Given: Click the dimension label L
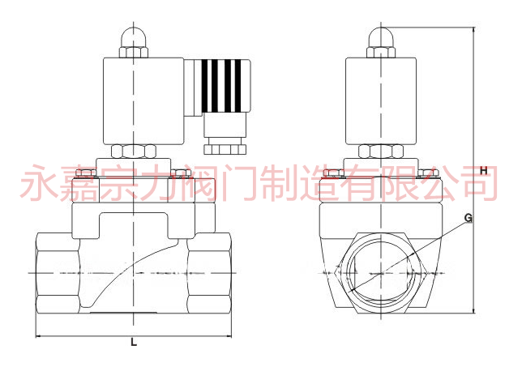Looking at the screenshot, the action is [134, 342].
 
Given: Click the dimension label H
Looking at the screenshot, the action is [484, 171].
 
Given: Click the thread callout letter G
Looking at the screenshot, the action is [469, 218].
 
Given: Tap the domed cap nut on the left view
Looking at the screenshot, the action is [134, 43].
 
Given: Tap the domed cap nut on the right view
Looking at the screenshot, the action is [381, 43].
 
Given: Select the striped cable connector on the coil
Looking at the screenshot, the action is [221, 87].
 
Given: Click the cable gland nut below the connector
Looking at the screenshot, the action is [225, 149].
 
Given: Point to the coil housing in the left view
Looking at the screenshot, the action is [143, 101].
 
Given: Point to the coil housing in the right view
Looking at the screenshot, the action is [381, 101].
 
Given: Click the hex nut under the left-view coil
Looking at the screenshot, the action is [134, 151].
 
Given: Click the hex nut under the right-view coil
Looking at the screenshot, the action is [381, 151].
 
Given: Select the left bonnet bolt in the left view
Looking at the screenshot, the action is [86, 173].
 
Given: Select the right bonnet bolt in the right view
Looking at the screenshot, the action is [428, 173].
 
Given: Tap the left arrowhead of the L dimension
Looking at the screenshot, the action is [38, 336].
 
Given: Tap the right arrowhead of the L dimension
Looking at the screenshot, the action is [229, 336].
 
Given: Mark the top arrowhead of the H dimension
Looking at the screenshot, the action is [474, 30].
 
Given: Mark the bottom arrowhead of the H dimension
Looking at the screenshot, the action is [474, 310].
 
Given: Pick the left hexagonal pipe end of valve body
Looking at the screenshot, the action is [58, 273].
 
